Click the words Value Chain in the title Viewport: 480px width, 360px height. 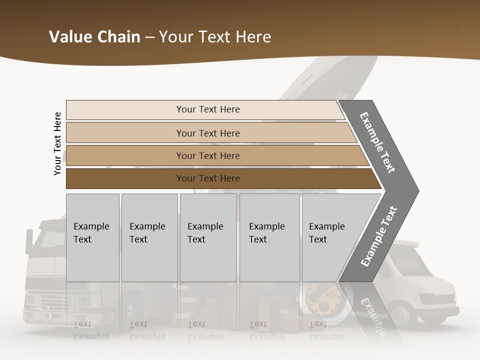click(94, 37)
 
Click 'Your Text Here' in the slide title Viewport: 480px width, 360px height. click(215, 37)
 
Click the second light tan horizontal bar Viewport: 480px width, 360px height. click(207, 133)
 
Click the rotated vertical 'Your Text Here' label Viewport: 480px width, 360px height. click(57, 143)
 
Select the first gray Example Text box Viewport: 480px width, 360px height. click(92, 237)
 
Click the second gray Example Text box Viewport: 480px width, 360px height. click(149, 237)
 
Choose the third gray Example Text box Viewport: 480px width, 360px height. click(208, 237)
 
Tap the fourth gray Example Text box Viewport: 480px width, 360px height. click(269, 237)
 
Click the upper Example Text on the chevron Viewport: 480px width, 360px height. click(377, 142)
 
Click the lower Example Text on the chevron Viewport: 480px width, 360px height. click(378, 236)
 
